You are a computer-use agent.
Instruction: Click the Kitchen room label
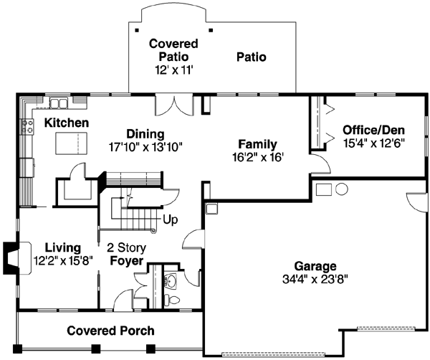67,123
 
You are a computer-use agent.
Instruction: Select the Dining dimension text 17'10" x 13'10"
145,146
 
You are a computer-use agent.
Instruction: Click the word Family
257,144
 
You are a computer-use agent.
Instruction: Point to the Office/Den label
373,130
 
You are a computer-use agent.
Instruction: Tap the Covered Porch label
101,331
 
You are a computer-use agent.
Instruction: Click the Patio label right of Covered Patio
251,56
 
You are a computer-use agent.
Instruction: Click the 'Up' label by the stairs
171,219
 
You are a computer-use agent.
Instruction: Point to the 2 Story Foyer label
126,254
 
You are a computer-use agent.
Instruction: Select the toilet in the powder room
171,280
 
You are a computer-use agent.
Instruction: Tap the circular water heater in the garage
341,189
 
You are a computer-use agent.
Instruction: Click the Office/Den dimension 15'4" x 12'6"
373,143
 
